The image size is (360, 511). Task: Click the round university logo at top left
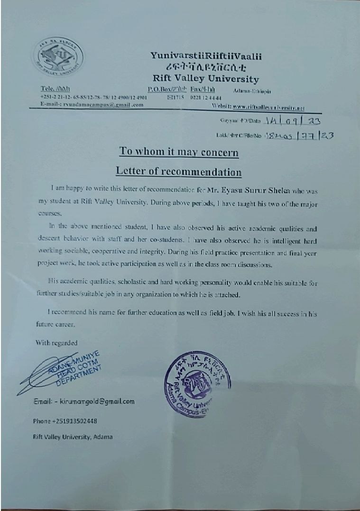pyautogui.click(x=61, y=60)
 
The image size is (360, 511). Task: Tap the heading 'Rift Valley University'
pyautogui.click(x=205, y=79)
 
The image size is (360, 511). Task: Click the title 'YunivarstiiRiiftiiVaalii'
pyautogui.click(x=206, y=56)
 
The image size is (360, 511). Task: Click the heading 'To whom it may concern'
pyautogui.click(x=178, y=152)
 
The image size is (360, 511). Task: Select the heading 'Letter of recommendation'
pyautogui.click(x=179, y=171)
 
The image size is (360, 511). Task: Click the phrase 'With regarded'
pyautogui.click(x=56, y=343)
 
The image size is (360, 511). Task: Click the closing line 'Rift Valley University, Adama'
pyautogui.click(x=73, y=437)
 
